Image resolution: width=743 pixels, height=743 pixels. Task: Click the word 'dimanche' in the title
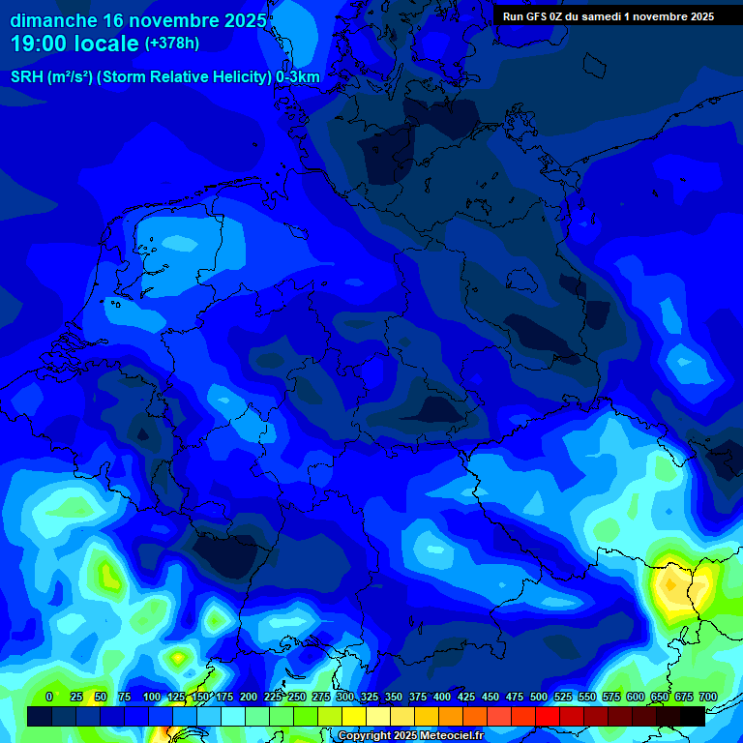pyautogui.click(x=54, y=20)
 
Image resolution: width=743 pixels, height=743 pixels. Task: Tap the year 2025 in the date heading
pyautogui.click(x=236, y=20)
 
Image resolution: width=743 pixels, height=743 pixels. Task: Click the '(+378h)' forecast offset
pyautogui.click(x=172, y=44)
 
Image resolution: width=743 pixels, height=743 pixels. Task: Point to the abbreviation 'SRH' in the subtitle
pyautogui.click(x=27, y=77)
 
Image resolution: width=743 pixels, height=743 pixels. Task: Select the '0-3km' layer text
pyautogui.click(x=298, y=77)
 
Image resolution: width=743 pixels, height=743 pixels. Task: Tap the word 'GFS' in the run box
pyautogui.click(x=535, y=16)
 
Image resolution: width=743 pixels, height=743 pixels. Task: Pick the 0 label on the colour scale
pyautogui.click(x=49, y=698)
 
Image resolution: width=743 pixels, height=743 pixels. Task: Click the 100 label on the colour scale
pyautogui.click(x=152, y=698)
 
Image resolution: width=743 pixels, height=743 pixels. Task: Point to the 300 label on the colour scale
pyautogui.click(x=345, y=698)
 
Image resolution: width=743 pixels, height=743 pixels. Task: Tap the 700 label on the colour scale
pyautogui.click(x=707, y=698)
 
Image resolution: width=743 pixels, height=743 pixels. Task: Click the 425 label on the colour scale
pyautogui.click(x=466, y=698)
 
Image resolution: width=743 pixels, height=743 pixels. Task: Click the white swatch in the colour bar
pyautogui.click(x=232, y=717)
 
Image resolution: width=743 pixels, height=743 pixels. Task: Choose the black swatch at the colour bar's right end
pyautogui.click(x=693, y=717)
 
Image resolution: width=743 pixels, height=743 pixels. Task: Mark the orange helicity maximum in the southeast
pyautogui.click(x=669, y=585)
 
